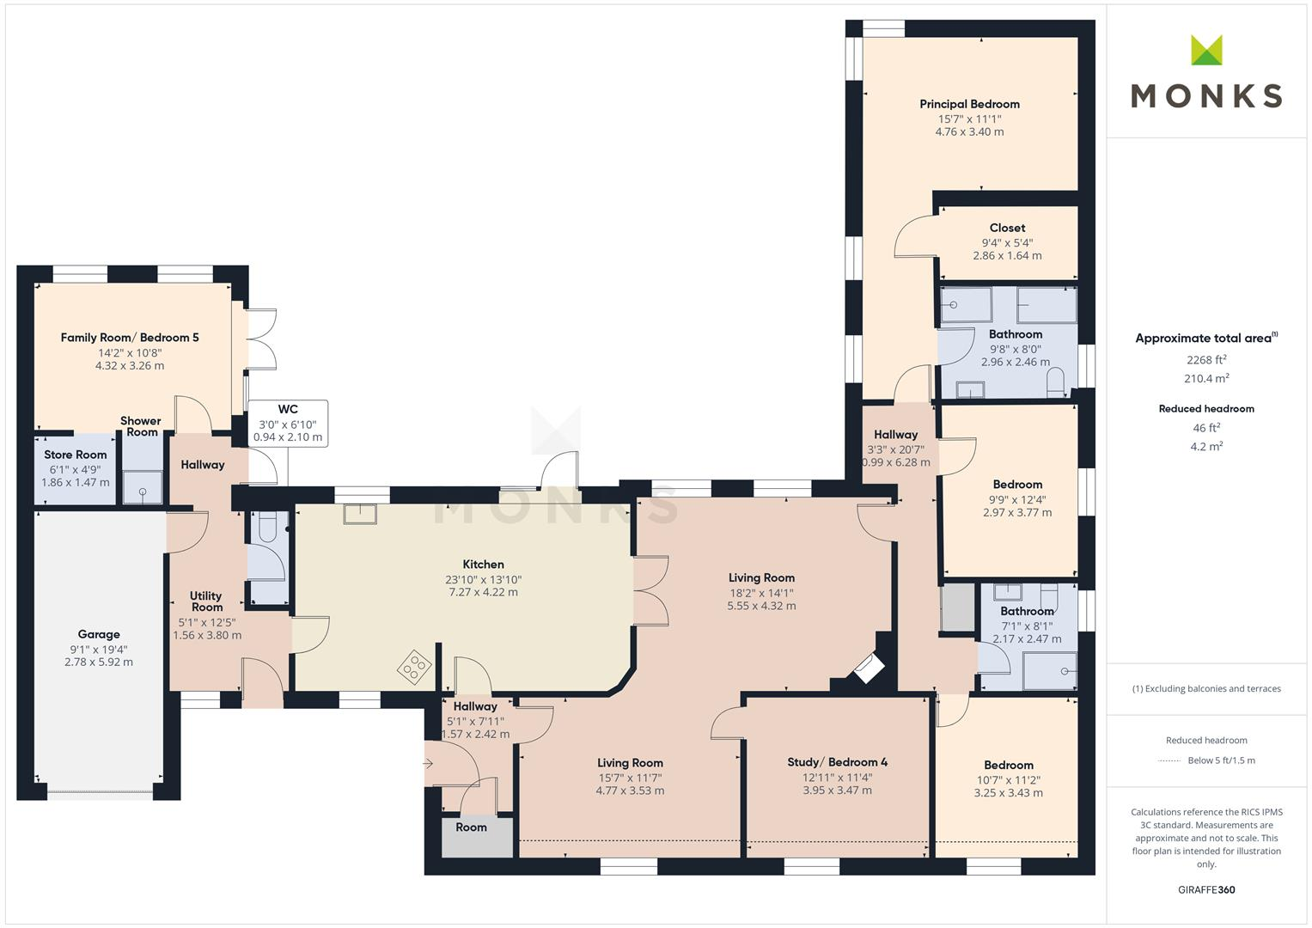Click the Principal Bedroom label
(969, 104)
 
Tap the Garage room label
(99, 634)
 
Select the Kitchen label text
(483, 565)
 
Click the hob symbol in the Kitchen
(414, 666)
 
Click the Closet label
(1007, 228)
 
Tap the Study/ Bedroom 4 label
(837, 762)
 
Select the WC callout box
(288, 423)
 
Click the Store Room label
(76, 455)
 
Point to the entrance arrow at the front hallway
(430, 762)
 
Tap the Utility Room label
(206, 601)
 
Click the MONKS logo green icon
(1206, 50)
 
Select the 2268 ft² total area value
(1205, 360)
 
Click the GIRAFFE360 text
(1205, 889)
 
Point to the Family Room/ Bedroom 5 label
(130, 338)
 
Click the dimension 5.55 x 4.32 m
(761, 606)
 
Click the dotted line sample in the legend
(1169, 760)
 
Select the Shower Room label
(141, 426)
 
